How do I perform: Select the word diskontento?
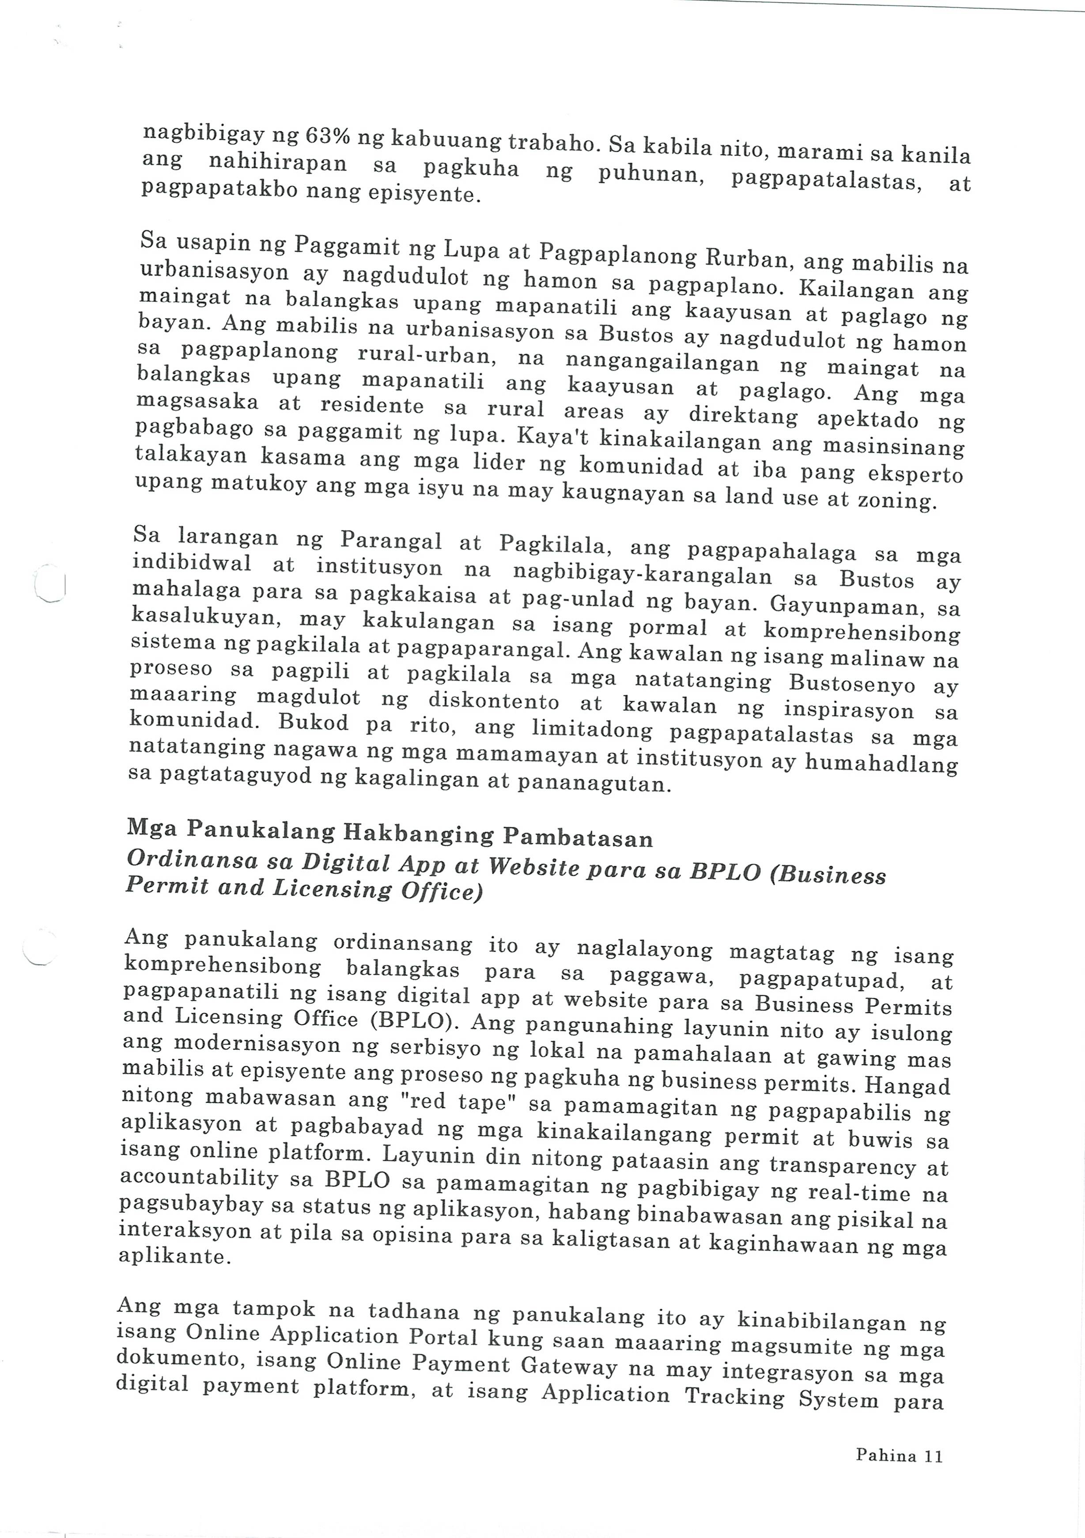[494, 701]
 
